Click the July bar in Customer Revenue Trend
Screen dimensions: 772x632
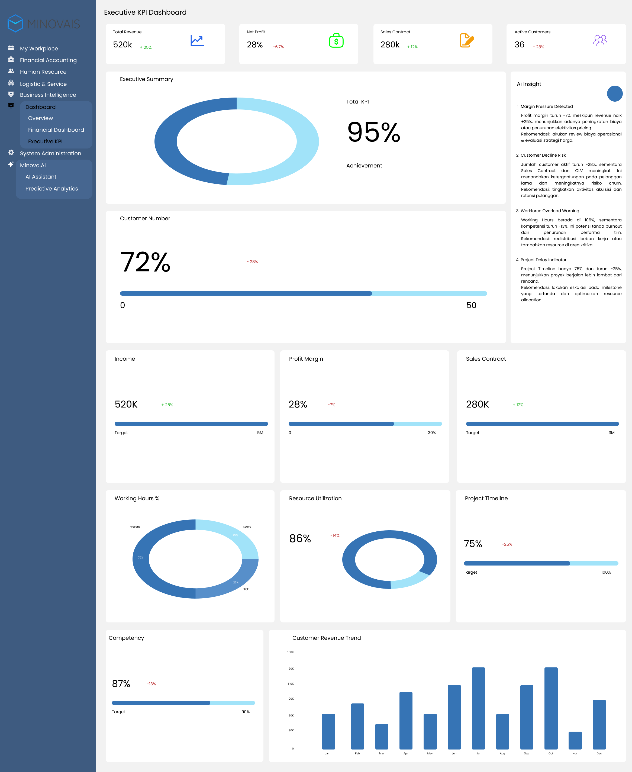point(478,708)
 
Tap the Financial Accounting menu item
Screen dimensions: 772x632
point(48,60)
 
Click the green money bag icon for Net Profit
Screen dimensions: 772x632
point(336,41)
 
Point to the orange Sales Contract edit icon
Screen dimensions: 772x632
point(467,40)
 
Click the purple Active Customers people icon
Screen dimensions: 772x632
point(600,40)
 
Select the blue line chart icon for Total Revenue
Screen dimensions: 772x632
point(197,40)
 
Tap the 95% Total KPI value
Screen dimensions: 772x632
point(373,132)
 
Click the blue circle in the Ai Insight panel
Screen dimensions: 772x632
point(615,93)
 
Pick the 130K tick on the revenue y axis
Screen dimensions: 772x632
point(291,652)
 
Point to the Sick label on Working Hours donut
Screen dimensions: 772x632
point(246,589)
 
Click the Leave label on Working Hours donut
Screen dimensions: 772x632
point(247,527)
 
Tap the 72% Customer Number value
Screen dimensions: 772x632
point(145,262)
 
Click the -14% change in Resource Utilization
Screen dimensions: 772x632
point(335,535)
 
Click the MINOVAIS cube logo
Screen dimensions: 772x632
point(15,23)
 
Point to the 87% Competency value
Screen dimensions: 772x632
point(121,684)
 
